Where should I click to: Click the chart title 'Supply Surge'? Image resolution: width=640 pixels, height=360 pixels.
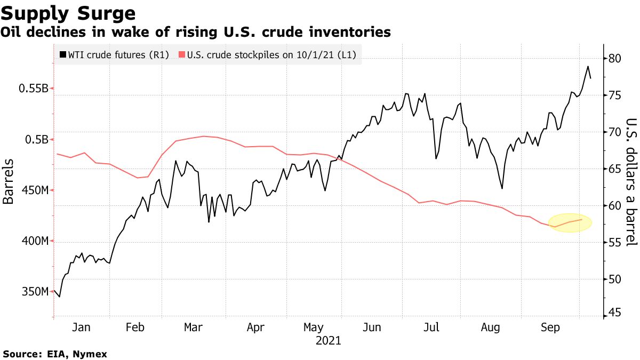click(68, 12)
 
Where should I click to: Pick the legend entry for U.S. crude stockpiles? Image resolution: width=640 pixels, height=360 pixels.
click(267, 54)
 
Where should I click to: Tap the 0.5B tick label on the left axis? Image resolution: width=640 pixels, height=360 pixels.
click(37, 140)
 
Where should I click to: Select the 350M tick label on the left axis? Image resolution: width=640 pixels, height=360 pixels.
click(34, 292)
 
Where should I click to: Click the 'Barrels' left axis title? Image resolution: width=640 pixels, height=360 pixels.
click(9, 181)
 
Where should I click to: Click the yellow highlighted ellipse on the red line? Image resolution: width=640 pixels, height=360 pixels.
click(570, 222)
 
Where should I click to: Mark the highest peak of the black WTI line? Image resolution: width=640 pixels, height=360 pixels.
click(587, 67)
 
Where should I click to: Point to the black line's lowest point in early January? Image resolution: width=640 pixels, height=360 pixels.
click(59, 297)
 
